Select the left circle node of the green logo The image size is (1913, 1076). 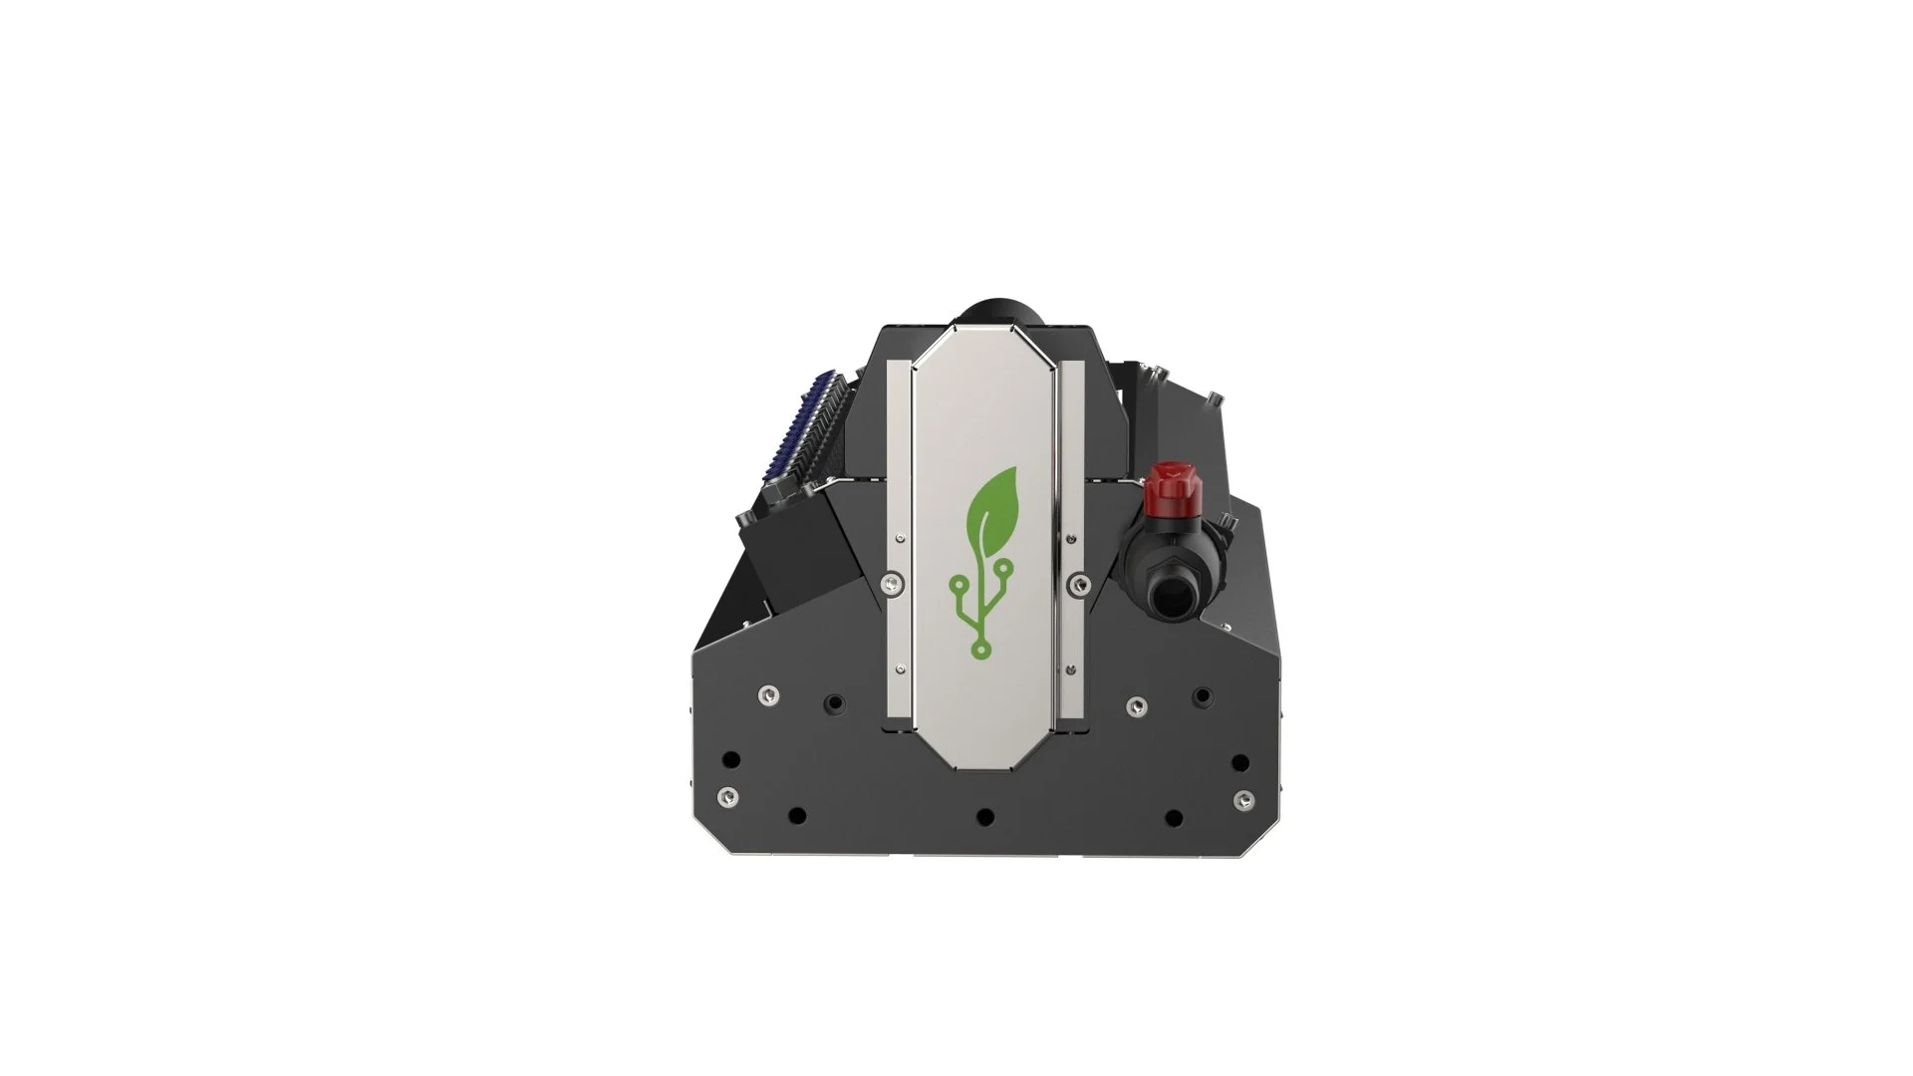(956, 582)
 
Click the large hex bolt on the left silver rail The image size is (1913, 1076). (892, 582)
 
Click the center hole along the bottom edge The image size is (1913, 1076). (984, 817)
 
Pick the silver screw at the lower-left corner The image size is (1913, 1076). (729, 797)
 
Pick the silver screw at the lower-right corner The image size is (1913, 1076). (1242, 799)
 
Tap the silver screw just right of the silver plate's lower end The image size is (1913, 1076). (1136, 706)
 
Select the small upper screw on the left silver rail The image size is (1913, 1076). (901, 539)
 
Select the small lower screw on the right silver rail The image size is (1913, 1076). (1070, 669)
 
